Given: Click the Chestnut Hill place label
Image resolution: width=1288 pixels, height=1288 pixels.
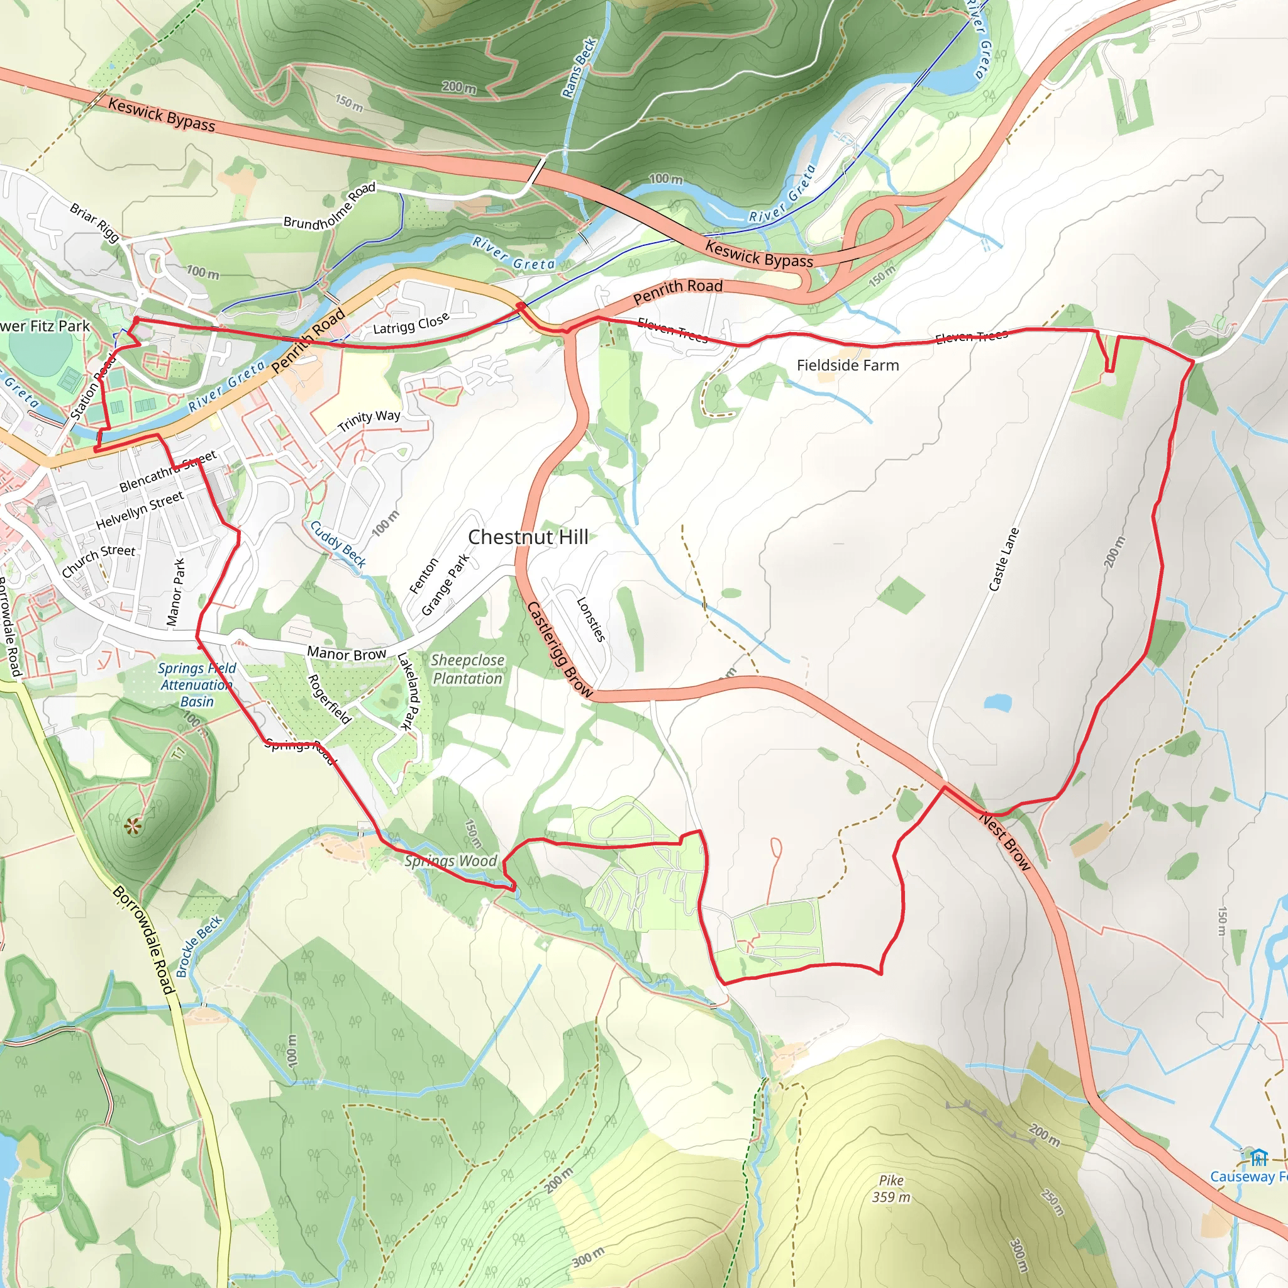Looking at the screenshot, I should [528, 537].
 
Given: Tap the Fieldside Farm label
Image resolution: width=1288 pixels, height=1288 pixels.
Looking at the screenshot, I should [847, 365].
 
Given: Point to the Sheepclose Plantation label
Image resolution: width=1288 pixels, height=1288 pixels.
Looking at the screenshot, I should [467, 669].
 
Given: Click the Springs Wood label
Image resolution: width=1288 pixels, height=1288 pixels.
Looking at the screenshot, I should [451, 861].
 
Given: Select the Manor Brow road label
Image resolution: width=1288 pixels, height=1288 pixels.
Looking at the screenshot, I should [347, 653].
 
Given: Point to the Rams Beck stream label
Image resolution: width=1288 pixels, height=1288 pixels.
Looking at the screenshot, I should [578, 69].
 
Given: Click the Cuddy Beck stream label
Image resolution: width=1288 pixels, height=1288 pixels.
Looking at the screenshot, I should [338, 545].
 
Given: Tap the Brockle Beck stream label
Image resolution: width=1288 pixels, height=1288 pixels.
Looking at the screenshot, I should [199, 947].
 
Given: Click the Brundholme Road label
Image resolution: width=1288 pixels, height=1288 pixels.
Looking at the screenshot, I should [330, 207].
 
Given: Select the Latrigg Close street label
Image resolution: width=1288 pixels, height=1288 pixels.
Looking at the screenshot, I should [411, 325].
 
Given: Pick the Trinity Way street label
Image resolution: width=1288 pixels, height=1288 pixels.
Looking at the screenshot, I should [369, 421].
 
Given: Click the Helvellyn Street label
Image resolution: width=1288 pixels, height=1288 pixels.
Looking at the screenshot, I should [140, 510].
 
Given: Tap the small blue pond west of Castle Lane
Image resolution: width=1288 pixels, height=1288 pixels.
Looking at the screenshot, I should [997, 702].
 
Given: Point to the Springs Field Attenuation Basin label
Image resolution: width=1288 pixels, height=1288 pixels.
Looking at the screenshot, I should [197, 685].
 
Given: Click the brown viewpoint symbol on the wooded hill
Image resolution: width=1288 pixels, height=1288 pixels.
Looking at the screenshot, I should [133, 828].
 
